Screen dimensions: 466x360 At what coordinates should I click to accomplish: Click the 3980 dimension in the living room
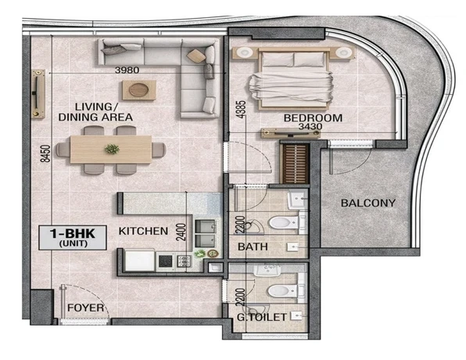[127, 70]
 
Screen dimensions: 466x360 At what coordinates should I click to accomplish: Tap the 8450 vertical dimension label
[45, 153]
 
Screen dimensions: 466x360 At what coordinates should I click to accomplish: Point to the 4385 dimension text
[242, 110]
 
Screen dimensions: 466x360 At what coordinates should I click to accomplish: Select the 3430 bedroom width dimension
[310, 127]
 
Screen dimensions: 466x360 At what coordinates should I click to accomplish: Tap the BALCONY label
[368, 203]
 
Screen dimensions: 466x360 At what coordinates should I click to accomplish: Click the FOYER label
[85, 308]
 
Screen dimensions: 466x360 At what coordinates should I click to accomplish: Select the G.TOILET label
[261, 317]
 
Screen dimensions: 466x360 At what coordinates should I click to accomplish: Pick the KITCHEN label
[143, 231]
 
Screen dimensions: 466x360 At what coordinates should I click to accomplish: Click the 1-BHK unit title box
[73, 237]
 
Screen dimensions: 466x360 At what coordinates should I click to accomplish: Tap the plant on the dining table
[112, 149]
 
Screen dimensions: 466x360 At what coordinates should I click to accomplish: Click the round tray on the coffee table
[139, 89]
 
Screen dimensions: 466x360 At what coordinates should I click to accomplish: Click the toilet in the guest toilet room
[284, 290]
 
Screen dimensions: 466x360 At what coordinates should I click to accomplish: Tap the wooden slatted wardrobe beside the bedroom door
[295, 164]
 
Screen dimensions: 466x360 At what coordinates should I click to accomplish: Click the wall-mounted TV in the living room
[38, 94]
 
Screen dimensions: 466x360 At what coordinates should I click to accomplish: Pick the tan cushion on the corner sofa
[195, 56]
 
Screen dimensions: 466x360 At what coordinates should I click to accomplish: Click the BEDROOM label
[313, 118]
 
